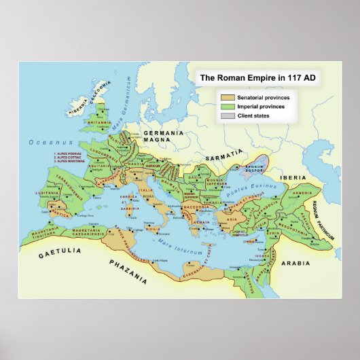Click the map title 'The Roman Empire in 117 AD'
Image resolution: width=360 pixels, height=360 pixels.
point(256,78)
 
